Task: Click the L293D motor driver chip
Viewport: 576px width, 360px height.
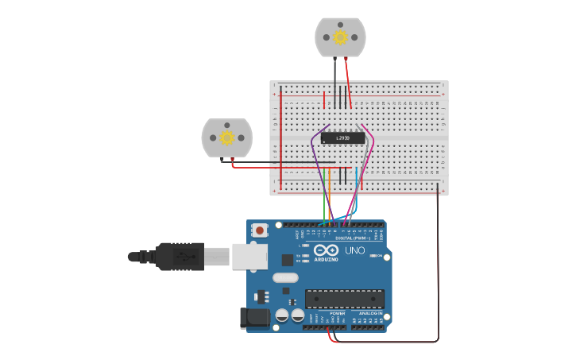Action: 342,137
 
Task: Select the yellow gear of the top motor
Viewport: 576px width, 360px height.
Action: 340,37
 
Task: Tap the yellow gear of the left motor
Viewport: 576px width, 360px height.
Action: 226,137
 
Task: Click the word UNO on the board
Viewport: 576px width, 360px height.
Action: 354,251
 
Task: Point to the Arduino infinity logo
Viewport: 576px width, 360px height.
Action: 326,250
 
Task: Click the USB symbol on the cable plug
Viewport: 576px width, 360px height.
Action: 184,256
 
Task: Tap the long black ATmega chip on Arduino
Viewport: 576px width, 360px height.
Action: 345,299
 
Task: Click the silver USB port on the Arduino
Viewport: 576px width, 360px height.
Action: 249,256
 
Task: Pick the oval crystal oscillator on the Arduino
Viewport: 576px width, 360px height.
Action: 285,278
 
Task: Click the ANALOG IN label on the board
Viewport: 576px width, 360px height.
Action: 369,314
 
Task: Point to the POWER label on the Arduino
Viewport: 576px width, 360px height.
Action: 338,314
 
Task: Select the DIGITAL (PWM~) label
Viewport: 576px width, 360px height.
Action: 350,238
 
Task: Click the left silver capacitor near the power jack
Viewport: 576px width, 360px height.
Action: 282,315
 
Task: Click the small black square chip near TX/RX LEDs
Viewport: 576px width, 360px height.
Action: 287,259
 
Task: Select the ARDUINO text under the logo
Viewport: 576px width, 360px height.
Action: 326,259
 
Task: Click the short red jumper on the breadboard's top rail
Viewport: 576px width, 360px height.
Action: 324,99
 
